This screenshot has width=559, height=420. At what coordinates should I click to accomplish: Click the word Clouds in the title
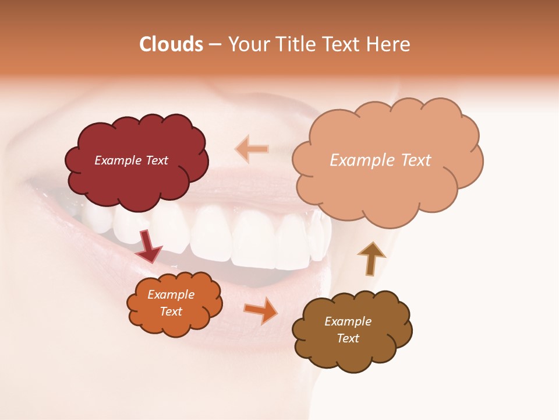[171, 44]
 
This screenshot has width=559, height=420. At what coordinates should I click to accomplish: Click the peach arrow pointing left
[252, 149]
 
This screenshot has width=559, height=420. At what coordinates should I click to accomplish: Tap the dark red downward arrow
[149, 246]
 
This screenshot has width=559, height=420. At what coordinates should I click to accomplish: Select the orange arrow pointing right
[260, 310]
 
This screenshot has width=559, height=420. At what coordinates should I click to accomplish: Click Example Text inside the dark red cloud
[131, 160]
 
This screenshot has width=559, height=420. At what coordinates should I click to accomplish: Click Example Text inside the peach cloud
[380, 160]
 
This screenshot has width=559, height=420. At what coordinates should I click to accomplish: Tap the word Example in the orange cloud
[171, 295]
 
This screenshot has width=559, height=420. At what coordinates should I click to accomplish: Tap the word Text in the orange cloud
[171, 311]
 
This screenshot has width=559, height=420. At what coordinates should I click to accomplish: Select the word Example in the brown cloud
[348, 321]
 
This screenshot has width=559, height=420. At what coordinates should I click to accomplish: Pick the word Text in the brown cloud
[348, 338]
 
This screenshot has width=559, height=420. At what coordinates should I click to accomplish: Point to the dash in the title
[215, 45]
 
